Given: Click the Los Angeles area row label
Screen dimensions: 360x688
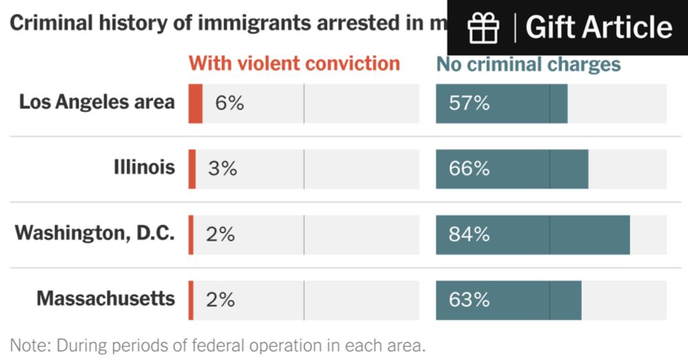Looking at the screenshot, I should tap(96, 103).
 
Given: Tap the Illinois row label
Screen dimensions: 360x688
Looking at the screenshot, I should tap(144, 167).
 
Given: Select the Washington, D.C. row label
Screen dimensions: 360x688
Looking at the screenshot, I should tap(95, 233).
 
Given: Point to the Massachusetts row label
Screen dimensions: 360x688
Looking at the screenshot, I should tap(105, 299).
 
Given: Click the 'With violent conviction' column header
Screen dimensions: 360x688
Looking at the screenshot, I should tap(294, 64).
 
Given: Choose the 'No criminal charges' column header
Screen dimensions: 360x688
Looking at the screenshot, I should tap(528, 65).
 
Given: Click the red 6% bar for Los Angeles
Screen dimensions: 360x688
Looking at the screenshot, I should tap(195, 103).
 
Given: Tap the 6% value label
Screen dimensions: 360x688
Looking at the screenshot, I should tap(230, 103).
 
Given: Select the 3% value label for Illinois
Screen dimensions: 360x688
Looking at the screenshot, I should tap(222, 169).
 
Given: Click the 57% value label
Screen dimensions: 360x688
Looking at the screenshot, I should tap(469, 103).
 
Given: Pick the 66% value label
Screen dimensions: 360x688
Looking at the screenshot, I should tap(469, 169).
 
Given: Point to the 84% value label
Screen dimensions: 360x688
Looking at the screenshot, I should tap(469, 234).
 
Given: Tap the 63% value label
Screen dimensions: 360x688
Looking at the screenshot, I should tap(469, 300).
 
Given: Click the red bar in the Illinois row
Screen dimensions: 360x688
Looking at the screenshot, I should tap(193, 169).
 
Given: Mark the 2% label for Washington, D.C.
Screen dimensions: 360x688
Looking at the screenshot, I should tap(220, 234).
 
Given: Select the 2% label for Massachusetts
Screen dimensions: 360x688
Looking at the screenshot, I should tap(220, 300).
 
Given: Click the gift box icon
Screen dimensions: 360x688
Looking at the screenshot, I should tap(483, 28).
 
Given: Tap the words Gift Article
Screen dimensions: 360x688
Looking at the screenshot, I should tap(599, 28).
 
